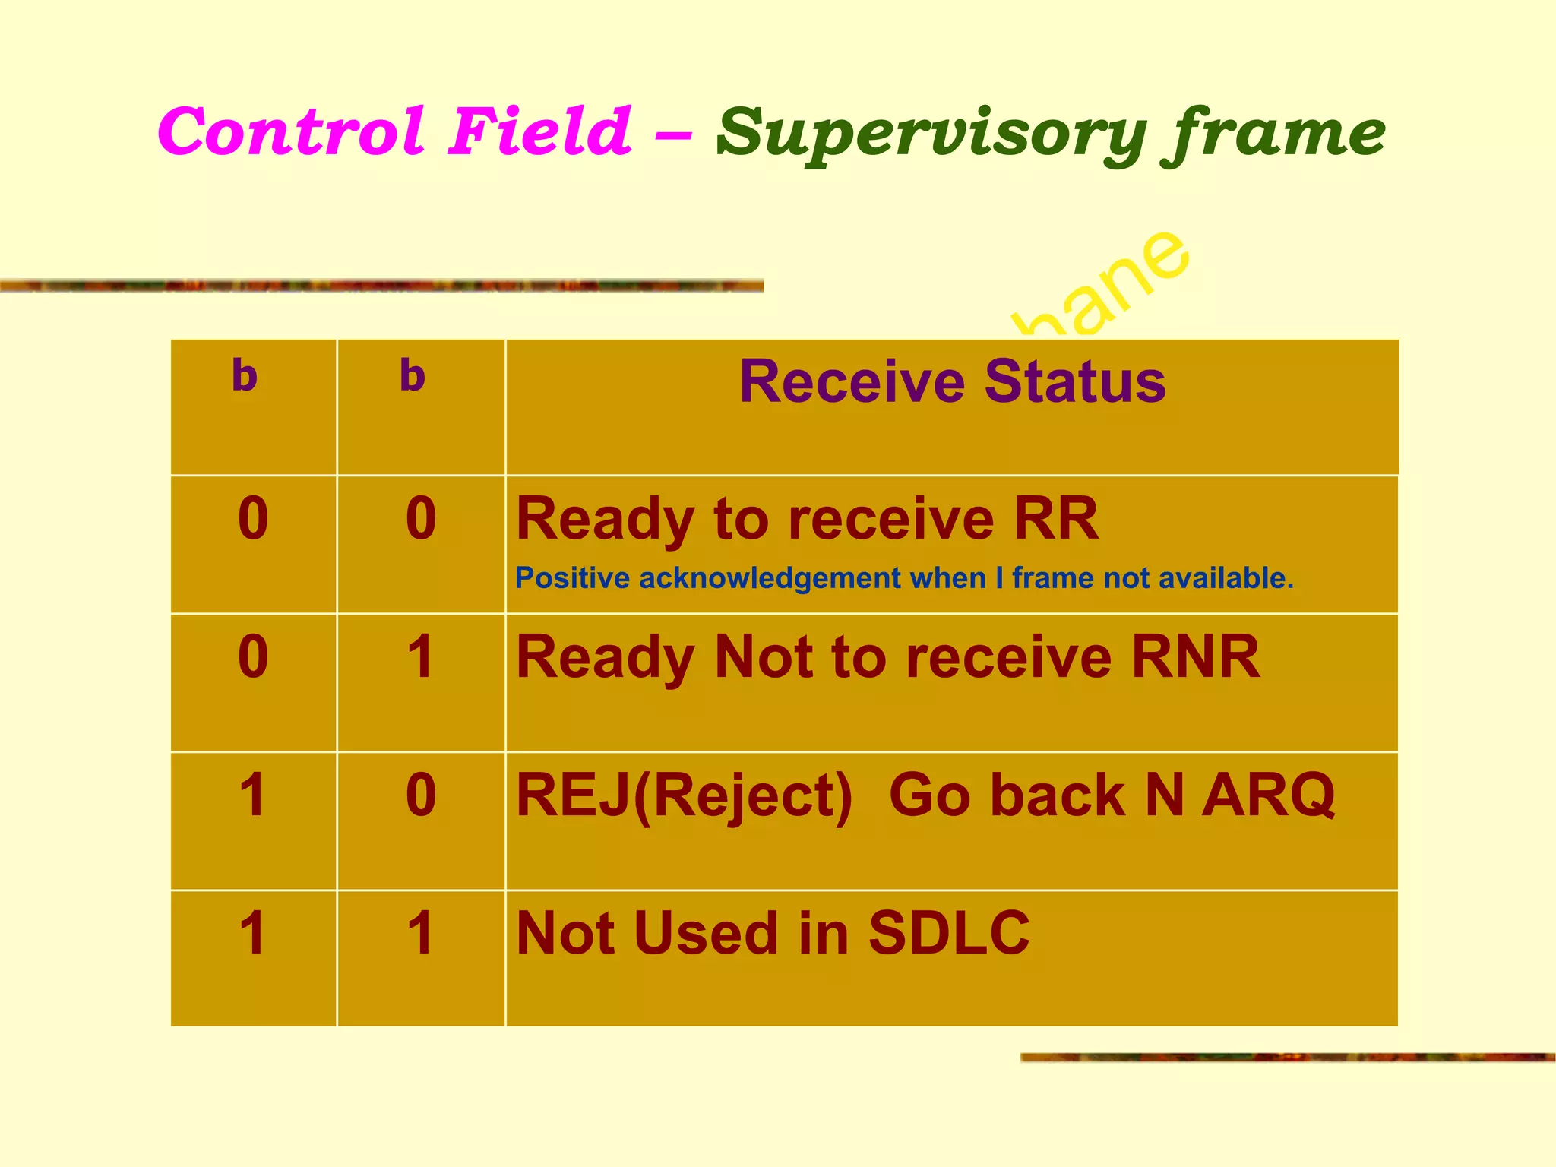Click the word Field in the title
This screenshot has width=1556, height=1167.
539,131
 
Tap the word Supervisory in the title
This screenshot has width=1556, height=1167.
931,134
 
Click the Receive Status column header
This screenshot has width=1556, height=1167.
952,381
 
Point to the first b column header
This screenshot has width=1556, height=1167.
245,375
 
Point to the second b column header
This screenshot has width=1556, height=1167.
413,375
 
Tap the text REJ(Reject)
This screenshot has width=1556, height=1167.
684,796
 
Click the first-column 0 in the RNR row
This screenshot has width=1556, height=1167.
253,657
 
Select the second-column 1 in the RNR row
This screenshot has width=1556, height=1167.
420,657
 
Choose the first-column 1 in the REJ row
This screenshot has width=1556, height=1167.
253,795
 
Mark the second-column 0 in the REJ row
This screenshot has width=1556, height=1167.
421,795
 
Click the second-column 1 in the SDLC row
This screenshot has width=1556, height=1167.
420,934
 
